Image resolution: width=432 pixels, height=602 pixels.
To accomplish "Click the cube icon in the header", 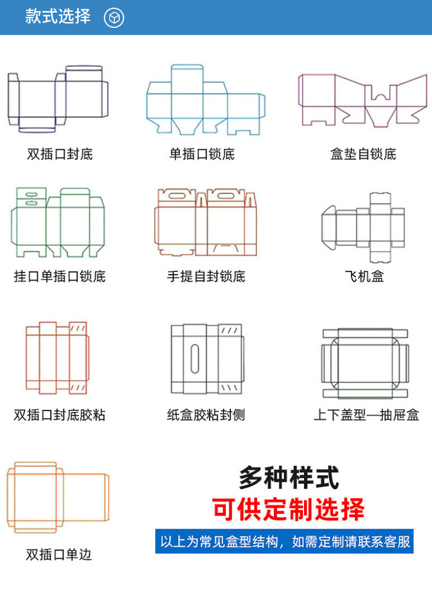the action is [x=114, y=18].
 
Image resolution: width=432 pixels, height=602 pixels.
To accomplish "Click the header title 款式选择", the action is [x=57, y=16].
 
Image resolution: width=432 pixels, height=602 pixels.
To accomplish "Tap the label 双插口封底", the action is [x=60, y=154].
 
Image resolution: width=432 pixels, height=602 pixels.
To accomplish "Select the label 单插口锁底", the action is [x=202, y=154].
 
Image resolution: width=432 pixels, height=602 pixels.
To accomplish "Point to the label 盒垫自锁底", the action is [x=363, y=154].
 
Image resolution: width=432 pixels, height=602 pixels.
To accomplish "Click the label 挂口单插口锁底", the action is [x=60, y=276].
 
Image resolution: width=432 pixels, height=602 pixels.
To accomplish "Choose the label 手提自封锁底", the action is [x=206, y=276].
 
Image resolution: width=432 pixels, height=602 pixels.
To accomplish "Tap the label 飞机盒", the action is [x=364, y=276].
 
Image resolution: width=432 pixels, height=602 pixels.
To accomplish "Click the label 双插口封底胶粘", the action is [x=60, y=415].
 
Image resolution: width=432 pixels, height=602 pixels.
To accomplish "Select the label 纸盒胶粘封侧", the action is [x=206, y=415].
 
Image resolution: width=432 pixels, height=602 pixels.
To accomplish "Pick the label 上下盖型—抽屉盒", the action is [x=366, y=415].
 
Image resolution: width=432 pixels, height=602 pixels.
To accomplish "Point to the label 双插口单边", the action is [x=59, y=554].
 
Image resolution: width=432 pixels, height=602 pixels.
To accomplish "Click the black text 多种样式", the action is [x=289, y=478].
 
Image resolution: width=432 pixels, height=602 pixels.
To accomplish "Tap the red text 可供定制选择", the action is [x=288, y=509].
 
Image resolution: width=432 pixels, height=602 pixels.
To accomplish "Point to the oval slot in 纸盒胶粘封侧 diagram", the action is [x=195, y=358].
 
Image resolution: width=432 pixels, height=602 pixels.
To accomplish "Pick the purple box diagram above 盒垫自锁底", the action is [x=363, y=100].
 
